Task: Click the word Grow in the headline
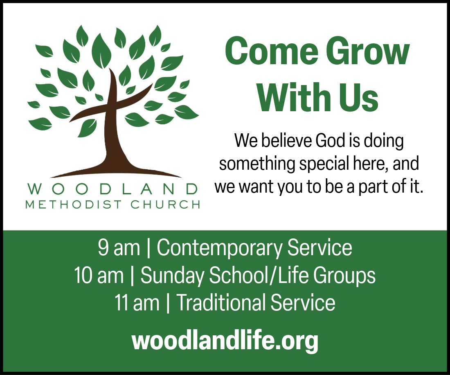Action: [x=368, y=51]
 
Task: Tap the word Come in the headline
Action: [x=272, y=51]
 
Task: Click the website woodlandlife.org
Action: [x=225, y=341]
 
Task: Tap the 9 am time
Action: [x=119, y=247]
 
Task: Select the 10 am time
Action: [x=99, y=275]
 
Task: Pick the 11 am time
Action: [x=137, y=303]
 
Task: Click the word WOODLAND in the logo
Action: [x=112, y=189]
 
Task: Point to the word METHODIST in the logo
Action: [x=74, y=204]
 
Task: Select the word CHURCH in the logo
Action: [x=165, y=204]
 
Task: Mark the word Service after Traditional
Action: [x=303, y=302]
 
